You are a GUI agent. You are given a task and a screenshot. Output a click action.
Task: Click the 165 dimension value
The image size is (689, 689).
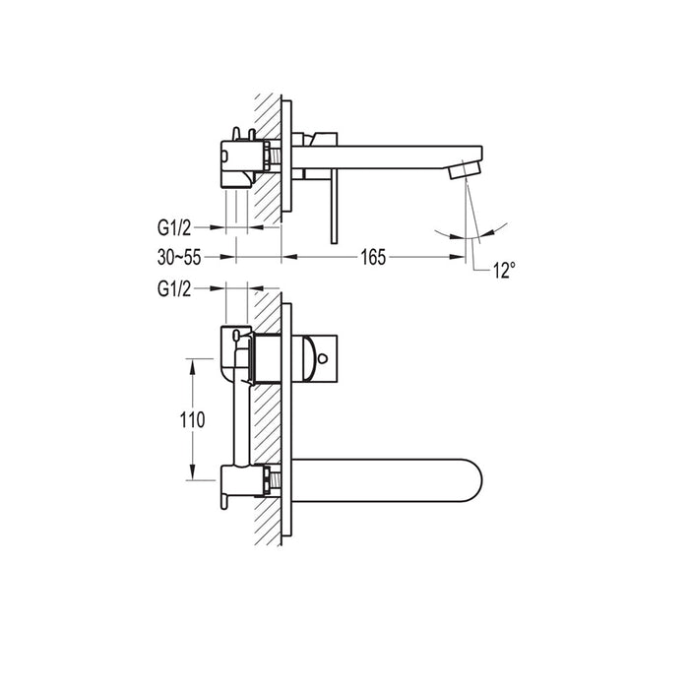pos(372,258)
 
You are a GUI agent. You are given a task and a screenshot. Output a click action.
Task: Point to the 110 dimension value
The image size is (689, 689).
pos(194,419)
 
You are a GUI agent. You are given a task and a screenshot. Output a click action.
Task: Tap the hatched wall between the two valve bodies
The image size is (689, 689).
pos(267,423)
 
